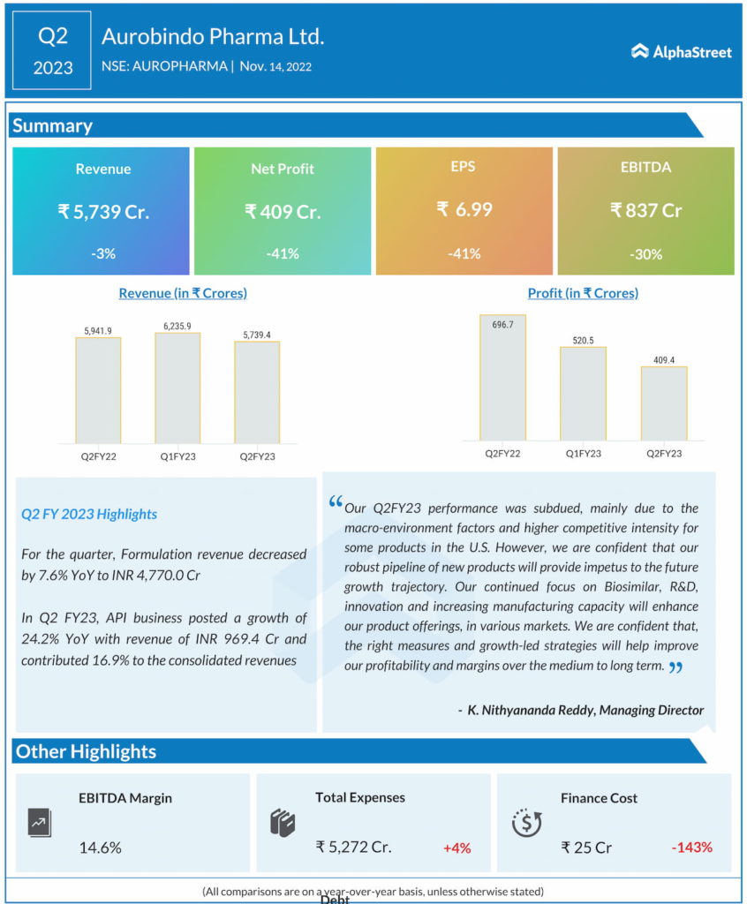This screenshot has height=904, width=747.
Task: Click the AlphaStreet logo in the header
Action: click(x=682, y=52)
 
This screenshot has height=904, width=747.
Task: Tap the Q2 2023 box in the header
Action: click(x=52, y=50)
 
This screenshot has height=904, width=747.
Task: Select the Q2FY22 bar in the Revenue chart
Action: click(x=98, y=390)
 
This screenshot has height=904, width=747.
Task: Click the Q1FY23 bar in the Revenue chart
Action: click(x=177, y=388)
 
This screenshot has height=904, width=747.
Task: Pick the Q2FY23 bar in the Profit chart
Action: click(x=664, y=403)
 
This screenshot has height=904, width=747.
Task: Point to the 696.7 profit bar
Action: click(x=502, y=377)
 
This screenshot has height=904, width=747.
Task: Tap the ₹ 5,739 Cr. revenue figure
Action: click(x=103, y=212)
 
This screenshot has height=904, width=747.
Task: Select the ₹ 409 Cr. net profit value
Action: click(x=283, y=212)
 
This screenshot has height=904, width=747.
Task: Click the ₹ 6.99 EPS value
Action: click(x=464, y=210)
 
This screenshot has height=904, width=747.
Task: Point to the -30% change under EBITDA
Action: click(x=645, y=254)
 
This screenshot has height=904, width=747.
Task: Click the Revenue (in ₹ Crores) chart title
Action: click(x=183, y=293)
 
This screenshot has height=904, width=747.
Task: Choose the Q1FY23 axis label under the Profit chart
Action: click(x=583, y=453)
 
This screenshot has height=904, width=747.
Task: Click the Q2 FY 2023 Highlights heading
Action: click(x=89, y=514)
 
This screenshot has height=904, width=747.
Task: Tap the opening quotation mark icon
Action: click(x=335, y=502)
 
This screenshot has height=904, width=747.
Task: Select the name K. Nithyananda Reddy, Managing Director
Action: click(x=581, y=710)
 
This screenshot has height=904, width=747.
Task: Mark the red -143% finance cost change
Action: click(x=691, y=847)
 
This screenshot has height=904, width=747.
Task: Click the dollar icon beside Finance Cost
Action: click(x=527, y=823)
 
